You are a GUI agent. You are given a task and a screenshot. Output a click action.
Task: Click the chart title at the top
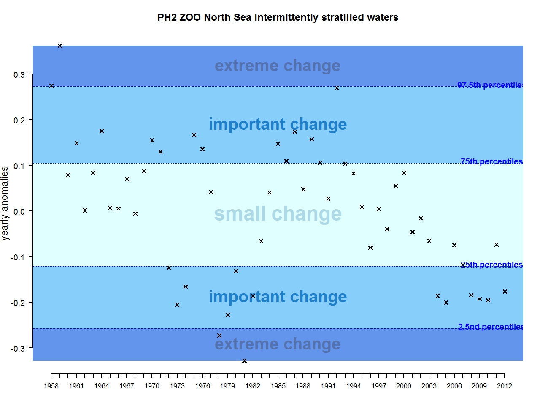pyautogui.click(x=278, y=17)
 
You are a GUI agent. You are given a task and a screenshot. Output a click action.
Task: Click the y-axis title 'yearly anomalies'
pyautogui.click(x=5, y=203)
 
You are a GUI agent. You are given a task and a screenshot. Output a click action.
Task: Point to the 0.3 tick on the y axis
pyautogui.click(x=19, y=75)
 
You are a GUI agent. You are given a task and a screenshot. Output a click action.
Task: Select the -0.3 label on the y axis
pyautogui.click(x=18, y=349)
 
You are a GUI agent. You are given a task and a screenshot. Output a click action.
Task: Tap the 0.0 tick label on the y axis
pyautogui.click(x=19, y=212)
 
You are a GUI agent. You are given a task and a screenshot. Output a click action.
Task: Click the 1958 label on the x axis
pyautogui.click(x=51, y=386)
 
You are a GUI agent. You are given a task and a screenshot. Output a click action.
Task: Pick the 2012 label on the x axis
pyautogui.click(x=504, y=386)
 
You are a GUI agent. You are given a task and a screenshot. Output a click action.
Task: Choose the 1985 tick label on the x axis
pyautogui.click(x=278, y=386)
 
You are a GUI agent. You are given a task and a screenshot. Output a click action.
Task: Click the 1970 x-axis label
pyautogui.click(x=152, y=386)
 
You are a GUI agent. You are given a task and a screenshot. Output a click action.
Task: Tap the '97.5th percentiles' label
pyautogui.click(x=490, y=85)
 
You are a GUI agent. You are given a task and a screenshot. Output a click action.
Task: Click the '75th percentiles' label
pyautogui.click(x=491, y=161)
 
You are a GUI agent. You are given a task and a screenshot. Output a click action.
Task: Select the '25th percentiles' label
pyautogui.click(x=491, y=265)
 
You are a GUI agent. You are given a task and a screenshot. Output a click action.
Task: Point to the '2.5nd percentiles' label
pyautogui.click(x=491, y=327)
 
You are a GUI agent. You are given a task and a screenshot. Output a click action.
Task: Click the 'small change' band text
pyautogui.click(x=278, y=214)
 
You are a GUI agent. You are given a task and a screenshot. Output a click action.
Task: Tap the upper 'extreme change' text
pyautogui.click(x=278, y=66)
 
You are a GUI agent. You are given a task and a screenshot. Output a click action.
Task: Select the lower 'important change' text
pyautogui.click(x=278, y=297)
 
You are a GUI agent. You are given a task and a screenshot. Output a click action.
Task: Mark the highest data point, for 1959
pyautogui.click(x=60, y=46)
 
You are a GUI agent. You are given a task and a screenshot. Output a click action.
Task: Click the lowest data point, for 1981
pyautogui.click(x=244, y=361)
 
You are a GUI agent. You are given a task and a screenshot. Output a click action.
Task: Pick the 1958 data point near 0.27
pyautogui.click(x=51, y=86)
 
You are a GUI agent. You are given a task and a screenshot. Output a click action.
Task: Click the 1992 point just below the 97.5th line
pyautogui.click(x=337, y=88)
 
